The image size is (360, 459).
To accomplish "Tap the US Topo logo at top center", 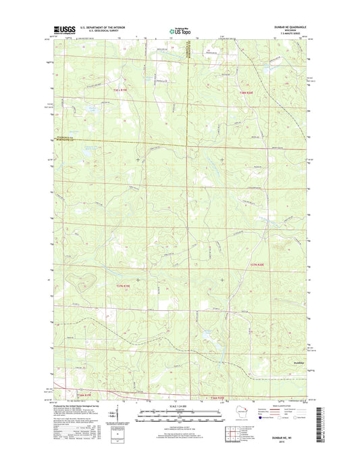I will pos(180,30).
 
